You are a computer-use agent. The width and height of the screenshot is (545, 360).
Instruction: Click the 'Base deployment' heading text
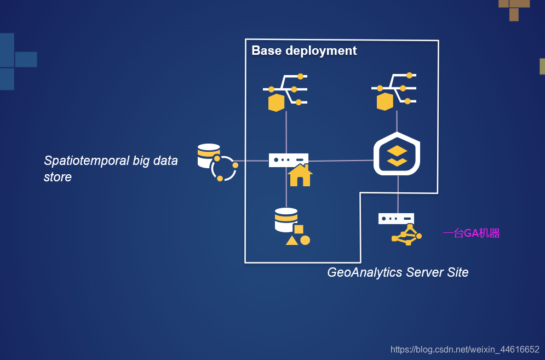304,51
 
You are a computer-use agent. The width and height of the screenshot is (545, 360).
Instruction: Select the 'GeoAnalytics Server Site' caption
398,272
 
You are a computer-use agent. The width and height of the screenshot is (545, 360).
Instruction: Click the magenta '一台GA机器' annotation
471,233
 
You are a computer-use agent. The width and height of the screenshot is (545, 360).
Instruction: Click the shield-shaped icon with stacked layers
397,154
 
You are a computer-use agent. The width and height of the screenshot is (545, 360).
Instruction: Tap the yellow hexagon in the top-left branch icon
276,102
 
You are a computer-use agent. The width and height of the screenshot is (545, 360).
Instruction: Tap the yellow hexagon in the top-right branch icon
385,102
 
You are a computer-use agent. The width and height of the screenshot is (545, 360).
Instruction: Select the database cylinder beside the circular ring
208,155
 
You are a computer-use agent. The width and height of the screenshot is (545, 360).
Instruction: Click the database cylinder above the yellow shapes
286,219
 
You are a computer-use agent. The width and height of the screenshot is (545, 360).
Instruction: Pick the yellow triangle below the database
292,240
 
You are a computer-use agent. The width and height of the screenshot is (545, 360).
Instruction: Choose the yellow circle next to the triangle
305,240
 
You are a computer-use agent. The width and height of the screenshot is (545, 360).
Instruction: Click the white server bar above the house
288,159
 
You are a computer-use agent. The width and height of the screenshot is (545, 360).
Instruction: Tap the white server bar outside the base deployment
396,219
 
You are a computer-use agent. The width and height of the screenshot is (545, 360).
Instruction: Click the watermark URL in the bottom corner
464,349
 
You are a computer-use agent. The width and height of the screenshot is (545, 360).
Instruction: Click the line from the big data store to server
253,161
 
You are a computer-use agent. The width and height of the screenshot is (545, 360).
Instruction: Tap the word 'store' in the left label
58,177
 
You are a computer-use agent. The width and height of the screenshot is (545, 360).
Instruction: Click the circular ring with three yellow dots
223,169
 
